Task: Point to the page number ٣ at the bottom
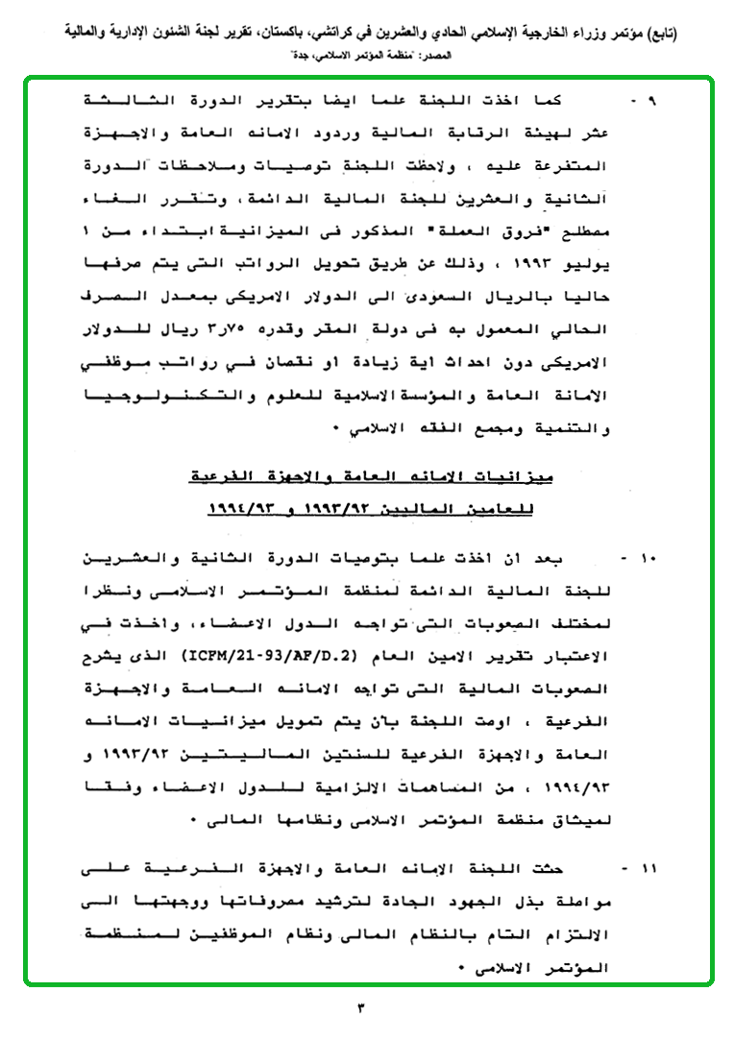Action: click(362, 1008)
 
